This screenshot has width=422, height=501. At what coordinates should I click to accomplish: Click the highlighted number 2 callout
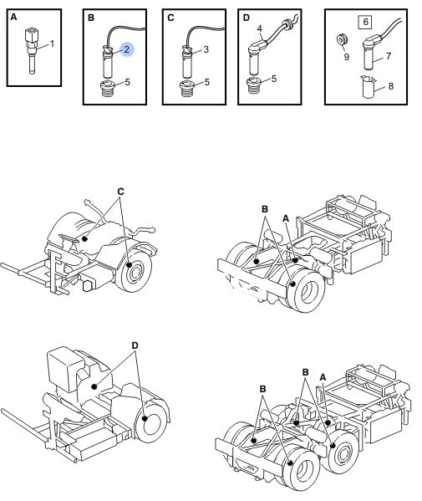pyautogui.click(x=127, y=49)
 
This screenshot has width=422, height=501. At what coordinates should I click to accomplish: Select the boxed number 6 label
pyautogui.click(x=365, y=22)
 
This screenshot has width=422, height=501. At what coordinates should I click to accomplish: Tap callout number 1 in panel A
pyautogui.click(x=52, y=43)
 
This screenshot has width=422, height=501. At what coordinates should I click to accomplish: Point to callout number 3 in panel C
pyautogui.click(x=206, y=49)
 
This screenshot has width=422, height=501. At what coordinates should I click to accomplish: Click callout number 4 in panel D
pyautogui.click(x=260, y=28)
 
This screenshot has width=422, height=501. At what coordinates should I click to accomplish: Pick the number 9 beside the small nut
pyautogui.click(x=346, y=57)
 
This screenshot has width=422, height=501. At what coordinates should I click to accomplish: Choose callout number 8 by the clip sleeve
pyautogui.click(x=391, y=86)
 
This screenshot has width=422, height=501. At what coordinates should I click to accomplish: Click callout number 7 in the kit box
pyautogui.click(x=389, y=56)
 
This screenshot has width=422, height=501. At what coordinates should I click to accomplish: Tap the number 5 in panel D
pyautogui.click(x=274, y=79)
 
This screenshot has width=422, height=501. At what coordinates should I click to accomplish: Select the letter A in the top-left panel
pyautogui.click(x=13, y=17)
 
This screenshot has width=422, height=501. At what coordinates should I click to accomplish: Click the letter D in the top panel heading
pyautogui.click(x=247, y=18)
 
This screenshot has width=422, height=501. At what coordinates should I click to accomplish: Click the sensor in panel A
pyautogui.click(x=31, y=51)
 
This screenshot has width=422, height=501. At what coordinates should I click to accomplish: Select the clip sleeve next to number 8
pyautogui.click(x=369, y=86)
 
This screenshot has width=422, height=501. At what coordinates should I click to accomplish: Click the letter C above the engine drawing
pyautogui.click(x=120, y=192)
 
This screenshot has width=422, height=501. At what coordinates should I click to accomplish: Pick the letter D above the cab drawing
pyautogui.click(x=135, y=345)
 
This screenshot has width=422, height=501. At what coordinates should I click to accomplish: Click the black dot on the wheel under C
pyautogui.click(x=129, y=265)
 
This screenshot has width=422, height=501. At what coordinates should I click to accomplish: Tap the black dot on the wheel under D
pyautogui.click(x=145, y=418)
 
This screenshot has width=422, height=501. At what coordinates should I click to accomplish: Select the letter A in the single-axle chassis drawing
pyautogui.click(x=286, y=218)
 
